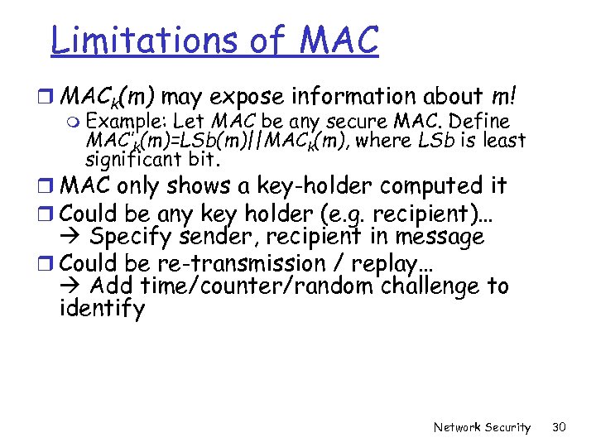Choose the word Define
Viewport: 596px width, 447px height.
(478, 123)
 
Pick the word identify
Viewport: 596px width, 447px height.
(102, 310)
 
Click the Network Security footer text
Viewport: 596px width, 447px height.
(482, 427)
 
